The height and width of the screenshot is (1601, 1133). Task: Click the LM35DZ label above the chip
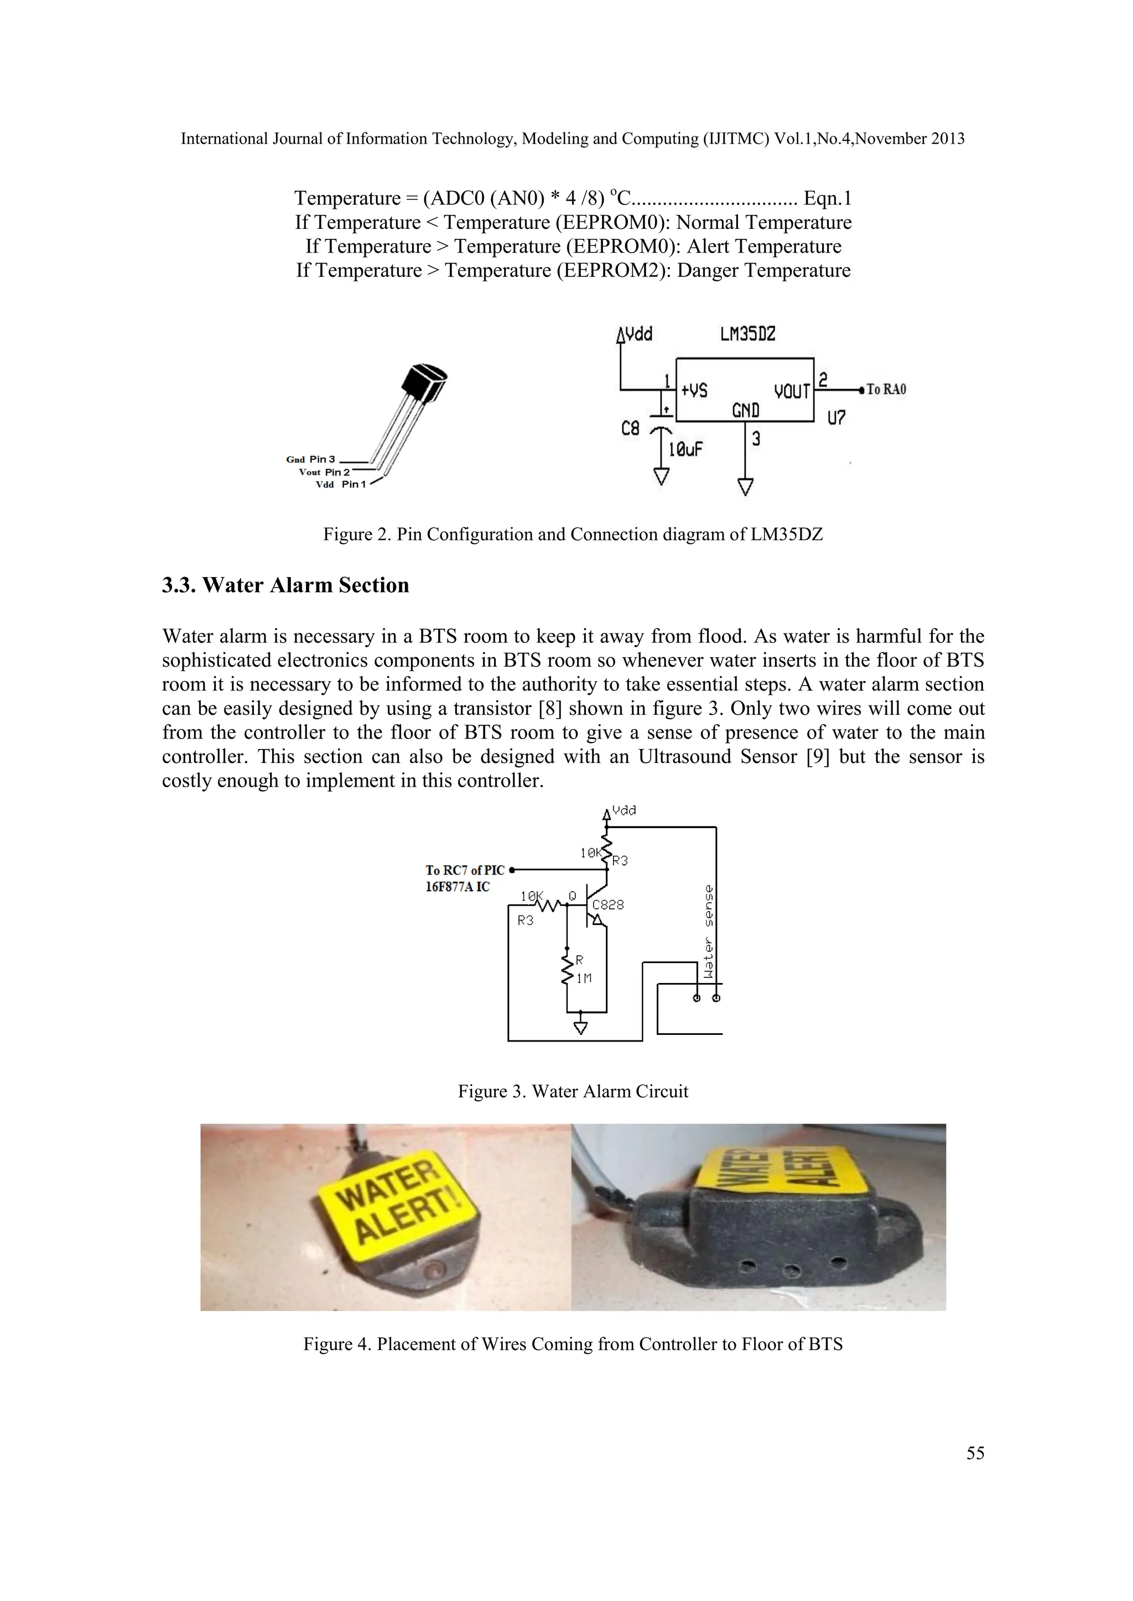click(x=747, y=334)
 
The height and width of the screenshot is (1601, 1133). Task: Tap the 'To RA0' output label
click(x=886, y=390)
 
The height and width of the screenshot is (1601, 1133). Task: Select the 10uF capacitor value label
click(x=685, y=450)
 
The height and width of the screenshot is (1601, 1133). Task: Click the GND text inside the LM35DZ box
click(x=745, y=411)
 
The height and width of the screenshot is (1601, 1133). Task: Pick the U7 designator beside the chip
click(x=836, y=418)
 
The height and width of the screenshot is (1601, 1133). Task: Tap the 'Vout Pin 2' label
click(x=324, y=472)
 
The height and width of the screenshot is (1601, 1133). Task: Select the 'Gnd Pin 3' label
click(x=310, y=459)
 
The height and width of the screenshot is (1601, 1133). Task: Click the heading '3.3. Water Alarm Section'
click(x=285, y=585)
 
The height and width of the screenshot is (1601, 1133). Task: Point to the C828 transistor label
click(x=607, y=905)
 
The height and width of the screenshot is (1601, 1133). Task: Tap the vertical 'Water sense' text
click(x=709, y=932)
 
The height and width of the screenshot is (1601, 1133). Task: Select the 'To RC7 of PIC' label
click(x=465, y=870)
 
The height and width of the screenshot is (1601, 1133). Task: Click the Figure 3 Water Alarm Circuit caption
click(x=573, y=1091)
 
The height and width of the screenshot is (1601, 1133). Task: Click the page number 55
click(x=975, y=1453)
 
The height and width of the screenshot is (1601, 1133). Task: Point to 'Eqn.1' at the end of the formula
click(x=828, y=198)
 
